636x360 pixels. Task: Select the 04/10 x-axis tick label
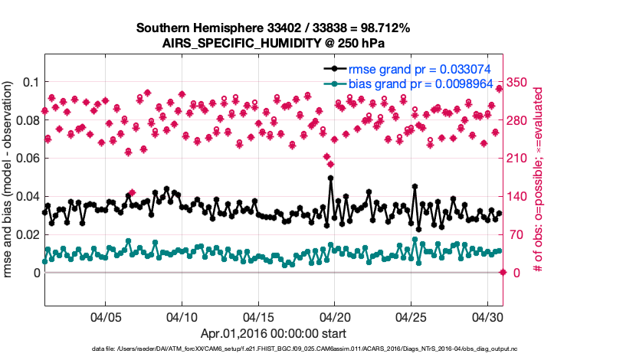point(182,316)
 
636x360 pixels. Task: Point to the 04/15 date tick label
point(258,316)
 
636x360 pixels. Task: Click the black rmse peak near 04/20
point(330,178)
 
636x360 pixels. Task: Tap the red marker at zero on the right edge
point(503,273)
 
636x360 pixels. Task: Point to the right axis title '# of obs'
point(539,179)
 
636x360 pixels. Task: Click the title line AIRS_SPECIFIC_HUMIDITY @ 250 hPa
point(274,43)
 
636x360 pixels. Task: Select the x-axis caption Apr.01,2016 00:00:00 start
point(274,333)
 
